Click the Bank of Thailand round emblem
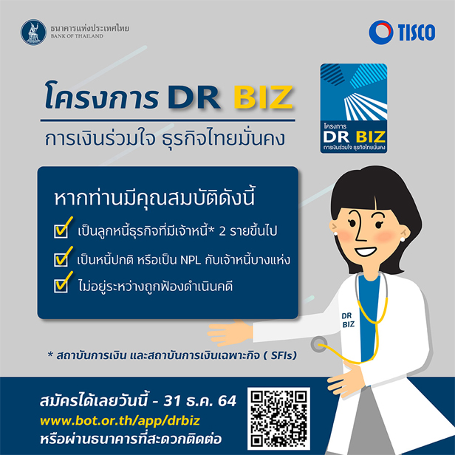pyautogui.click(x=33, y=32)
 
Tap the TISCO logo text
pyautogui.click(x=417, y=32)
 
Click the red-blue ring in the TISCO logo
pyautogui.click(x=381, y=32)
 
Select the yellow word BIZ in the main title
pyautogui.click(x=263, y=97)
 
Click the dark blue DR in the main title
pyautogui.click(x=194, y=97)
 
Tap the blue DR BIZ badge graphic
pyautogui.click(x=353, y=109)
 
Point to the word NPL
pyautogui.click(x=191, y=260)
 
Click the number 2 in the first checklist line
pyautogui.click(x=222, y=231)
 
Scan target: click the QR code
pyautogui.click(x=278, y=418)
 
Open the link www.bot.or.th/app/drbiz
pyautogui.click(x=120, y=421)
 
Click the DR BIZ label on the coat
pyautogui.click(x=348, y=320)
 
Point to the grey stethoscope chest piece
pyautogui.click(x=318, y=344)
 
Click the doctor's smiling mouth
pyautogui.click(x=366, y=251)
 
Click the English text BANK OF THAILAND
pyautogui.click(x=77, y=36)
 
